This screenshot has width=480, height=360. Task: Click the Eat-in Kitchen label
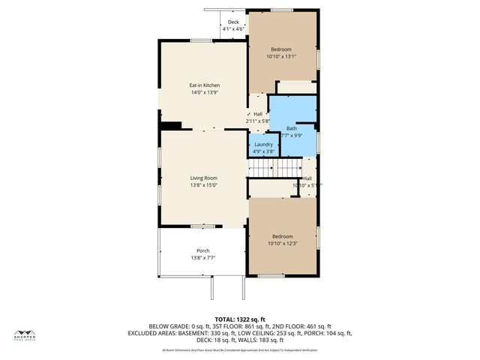[x=204, y=85]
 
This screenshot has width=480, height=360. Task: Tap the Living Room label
[x=203, y=178]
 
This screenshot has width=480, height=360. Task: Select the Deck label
[x=233, y=22]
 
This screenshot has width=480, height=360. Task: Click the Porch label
[x=203, y=250]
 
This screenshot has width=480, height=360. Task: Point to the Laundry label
[x=263, y=144]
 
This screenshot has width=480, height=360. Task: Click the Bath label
[x=292, y=128]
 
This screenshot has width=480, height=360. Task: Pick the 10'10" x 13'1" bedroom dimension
[x=281, y=56]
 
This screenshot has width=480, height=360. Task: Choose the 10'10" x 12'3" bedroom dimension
[x=283, y=243]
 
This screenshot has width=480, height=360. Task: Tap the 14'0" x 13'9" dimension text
[x=204, y=93]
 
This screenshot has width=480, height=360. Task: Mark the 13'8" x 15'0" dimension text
[x=203, y=185]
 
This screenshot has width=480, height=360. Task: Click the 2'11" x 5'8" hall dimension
[x=257, y=121]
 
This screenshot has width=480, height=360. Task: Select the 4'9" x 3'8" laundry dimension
[x=263, y=151]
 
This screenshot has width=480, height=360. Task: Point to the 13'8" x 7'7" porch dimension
[x=203, y=258]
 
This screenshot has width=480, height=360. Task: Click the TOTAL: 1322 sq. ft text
[x=240, y=319]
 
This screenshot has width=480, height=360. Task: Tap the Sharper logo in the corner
[x=25, y=335]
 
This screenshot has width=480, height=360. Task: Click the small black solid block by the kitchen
[x=172, y=125]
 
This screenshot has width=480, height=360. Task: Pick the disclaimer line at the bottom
[x=240, y=349]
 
